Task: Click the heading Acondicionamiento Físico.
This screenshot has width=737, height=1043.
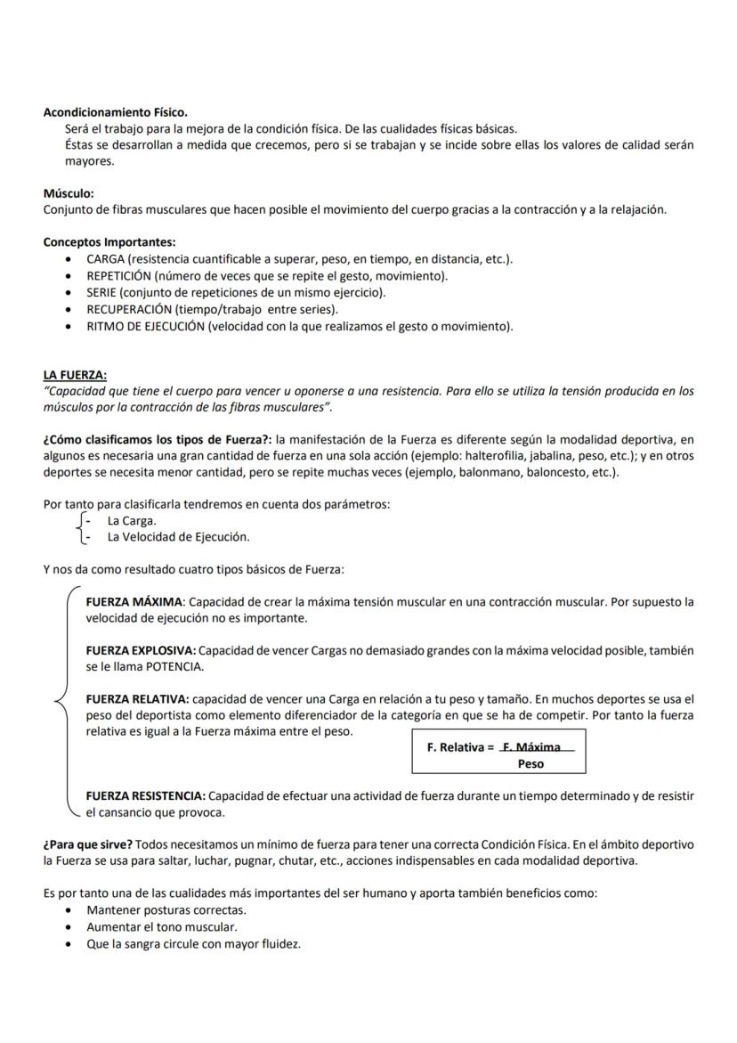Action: tap(116, 112)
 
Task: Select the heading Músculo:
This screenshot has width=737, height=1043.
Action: tap(69, 193)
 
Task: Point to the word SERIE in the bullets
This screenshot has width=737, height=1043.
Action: tap(101, 292)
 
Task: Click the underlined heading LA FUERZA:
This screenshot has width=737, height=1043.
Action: tap(75, 375)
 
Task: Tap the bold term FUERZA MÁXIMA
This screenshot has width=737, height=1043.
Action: tap(134, 602)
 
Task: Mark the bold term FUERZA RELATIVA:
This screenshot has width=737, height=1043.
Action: tap(137, 700)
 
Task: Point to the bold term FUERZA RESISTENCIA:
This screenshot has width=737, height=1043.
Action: tap(146, 795)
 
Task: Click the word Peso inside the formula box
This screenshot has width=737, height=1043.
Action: tap(530, 764)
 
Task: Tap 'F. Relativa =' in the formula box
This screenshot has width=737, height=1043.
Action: tap(460, 747)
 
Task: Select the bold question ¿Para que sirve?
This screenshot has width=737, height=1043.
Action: tap(88, 844)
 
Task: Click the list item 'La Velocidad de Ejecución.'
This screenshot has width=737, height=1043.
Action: tap(178, 537)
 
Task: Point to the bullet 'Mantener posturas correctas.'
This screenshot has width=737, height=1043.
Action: tap(166, 910)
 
